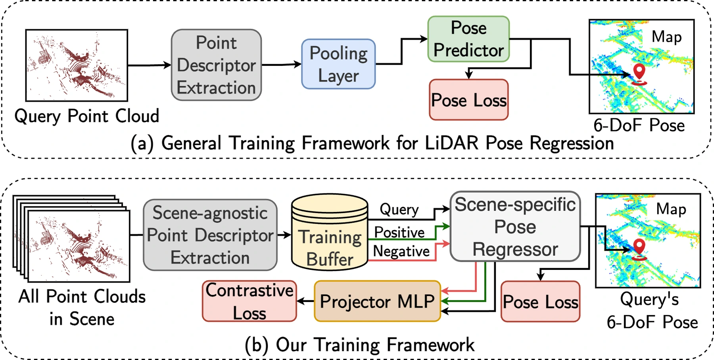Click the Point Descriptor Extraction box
click(216, 65)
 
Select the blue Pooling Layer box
click(338, 64)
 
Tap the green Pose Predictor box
click(468, 39)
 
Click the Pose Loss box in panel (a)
click(469, 100)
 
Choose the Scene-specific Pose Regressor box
click(515, 227)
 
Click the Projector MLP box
click(377, 301)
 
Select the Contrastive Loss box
click(250, 301)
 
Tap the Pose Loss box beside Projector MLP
click(540, 302)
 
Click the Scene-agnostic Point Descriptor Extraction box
click(210, 235)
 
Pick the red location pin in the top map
click(639, 74)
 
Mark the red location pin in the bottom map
click(639, 250)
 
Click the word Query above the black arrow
click(399, 209)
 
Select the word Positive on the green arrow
click(399, 233)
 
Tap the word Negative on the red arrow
click(401, 251)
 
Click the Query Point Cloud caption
click(87, 116)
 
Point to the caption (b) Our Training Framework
click(359, 345)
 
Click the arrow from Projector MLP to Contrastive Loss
click(305, 302)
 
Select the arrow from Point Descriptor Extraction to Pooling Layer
click(282, 64)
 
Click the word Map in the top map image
click(667, 37)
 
